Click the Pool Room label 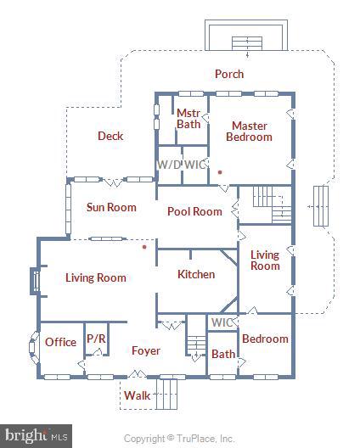click(194, 211)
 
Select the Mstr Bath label click(188, 119)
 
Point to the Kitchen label click(196, 274)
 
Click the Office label click(61, 342)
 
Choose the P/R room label click(96, 339)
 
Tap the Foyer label click(146, 350)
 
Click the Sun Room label click(111, 207)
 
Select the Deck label click(110, 136)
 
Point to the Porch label click(229, 74)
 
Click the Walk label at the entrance click(137, 395)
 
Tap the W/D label click(169, 164)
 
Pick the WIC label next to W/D click(195, 164)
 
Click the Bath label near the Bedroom click(223, 354)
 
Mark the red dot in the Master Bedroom click(220, 172)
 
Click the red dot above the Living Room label click(145, 248)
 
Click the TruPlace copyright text click(179, 439)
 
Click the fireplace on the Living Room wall click(35, 281)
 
